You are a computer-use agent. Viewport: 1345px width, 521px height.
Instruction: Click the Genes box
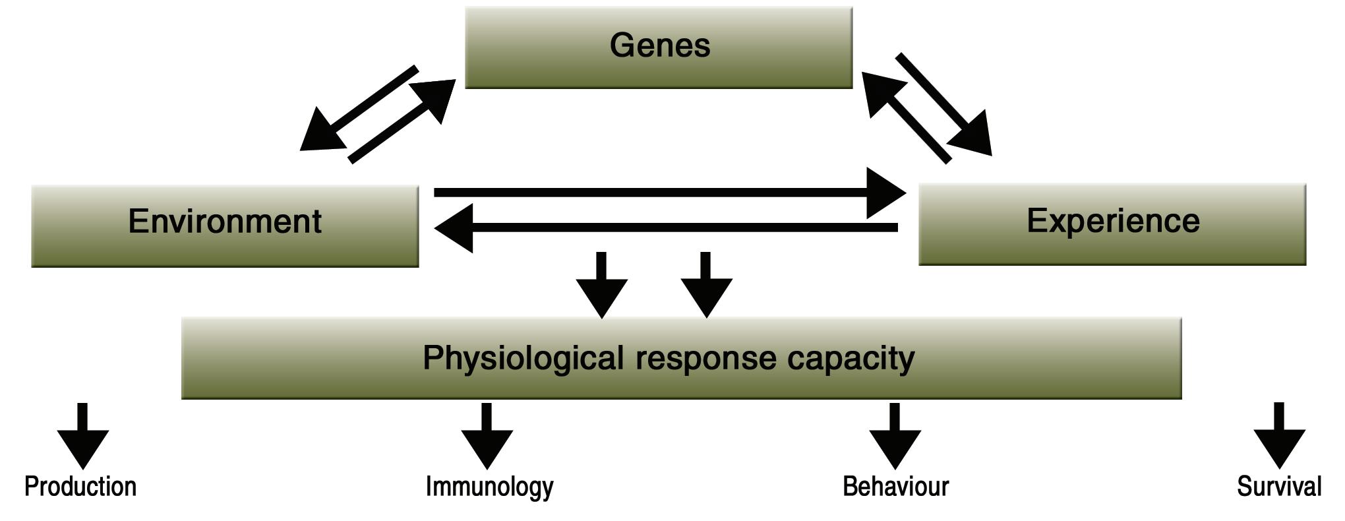[x=659, y=47]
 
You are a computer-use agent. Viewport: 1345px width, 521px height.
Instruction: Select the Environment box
[x=225, y=226]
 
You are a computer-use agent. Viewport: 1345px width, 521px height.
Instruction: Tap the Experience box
[x=1112, y=224]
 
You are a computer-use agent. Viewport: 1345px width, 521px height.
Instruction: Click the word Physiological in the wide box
[x=523, y=359]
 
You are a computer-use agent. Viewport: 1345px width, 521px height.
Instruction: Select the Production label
[x=80, y=487]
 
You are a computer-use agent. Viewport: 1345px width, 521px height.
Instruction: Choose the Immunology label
[x=489, y=487]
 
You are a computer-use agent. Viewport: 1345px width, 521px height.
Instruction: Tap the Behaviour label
[x=895, y=487]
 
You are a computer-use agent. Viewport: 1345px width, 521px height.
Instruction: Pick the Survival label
[x=1279, y=487]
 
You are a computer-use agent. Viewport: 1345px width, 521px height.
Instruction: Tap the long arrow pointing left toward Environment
[x=666, y=228]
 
